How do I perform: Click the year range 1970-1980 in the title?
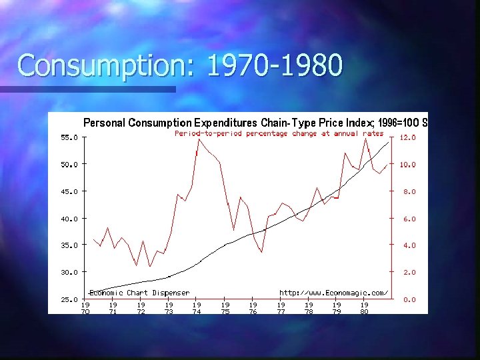tap(275, 65)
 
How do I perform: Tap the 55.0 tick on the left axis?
tap(69, 137)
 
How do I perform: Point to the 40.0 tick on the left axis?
tap(69, 219)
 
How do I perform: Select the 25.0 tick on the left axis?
tap(69, 299)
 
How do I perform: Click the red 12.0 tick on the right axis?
tap(407, 137)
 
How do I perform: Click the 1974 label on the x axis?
tap(197, 308)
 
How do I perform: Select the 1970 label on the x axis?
tap(85, 308)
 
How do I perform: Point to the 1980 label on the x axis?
tap(364, 308)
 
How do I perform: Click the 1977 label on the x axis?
tap(281, 308)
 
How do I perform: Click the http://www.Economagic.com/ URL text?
tap(333, 293)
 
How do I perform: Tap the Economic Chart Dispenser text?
tap(139, 293)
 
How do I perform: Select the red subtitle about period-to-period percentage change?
tap(279, 133)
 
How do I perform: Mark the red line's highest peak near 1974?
tap(198, 139)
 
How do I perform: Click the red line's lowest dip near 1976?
tap(261, 252)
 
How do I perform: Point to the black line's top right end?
tap(389, 143)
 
